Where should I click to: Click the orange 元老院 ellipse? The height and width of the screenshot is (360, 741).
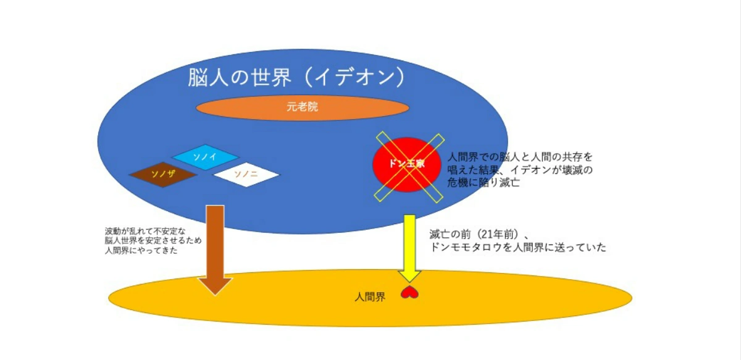[x=303, y=107]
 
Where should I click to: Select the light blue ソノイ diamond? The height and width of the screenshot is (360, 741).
[x=205, y=157]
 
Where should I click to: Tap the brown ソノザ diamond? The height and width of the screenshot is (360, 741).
[x=163, y=174]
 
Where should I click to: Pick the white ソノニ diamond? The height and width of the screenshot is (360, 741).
[x=246, y=174]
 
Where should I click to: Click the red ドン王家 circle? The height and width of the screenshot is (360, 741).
[x=406, y=164]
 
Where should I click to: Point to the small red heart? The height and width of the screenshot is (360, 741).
[x=409, y=292]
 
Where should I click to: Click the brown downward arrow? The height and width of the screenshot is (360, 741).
[x=214, y=250]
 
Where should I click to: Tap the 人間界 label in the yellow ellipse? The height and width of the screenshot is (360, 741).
[x=370, y=296]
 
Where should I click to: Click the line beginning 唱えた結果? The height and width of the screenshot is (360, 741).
[x=519, y=170]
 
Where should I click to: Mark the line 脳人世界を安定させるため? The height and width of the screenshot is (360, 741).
[x=153, y=241]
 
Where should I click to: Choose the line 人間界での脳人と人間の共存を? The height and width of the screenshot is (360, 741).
[x=519, y=157]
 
